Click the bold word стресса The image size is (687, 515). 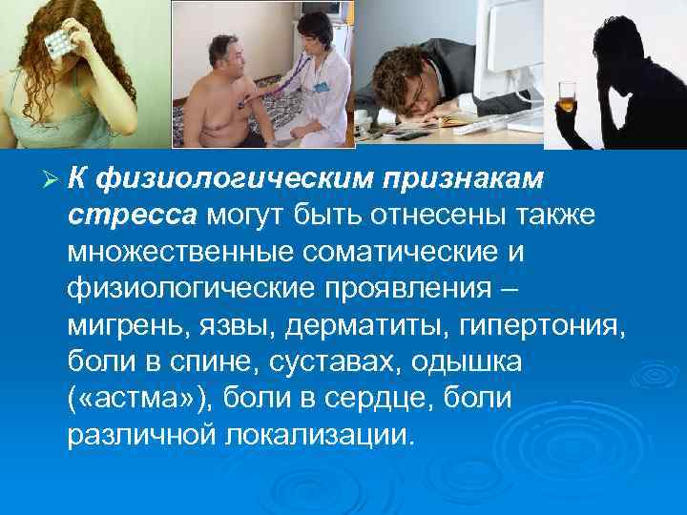click(131, 216)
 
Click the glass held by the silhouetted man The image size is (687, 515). click(570, 97)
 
